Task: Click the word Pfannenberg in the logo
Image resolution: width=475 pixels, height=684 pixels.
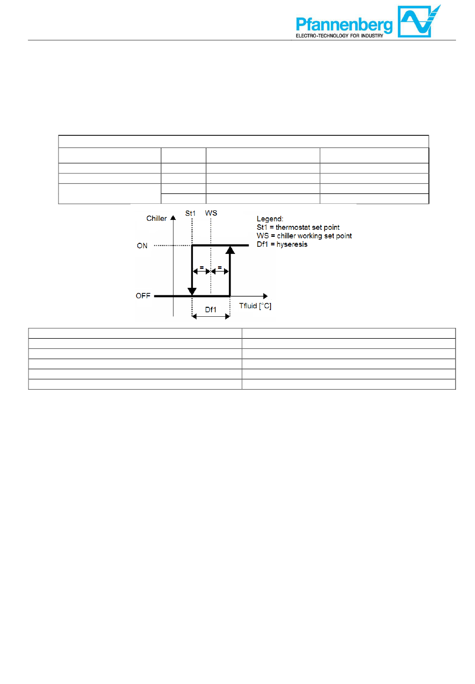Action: pos(344,23)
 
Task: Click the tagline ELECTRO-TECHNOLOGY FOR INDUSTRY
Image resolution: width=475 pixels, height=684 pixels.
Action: pos(339,36)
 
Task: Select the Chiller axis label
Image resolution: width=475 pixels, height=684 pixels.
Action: pos(156,218)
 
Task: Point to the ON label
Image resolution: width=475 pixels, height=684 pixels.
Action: pos(142,246)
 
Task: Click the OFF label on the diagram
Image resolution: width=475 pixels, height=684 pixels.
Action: pos(143,296)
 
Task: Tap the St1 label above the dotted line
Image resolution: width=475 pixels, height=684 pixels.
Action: pos(190,213)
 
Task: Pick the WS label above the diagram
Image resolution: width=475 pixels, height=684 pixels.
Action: pos(211,213)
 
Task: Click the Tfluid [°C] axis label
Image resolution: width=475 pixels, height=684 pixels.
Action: pos(255,306)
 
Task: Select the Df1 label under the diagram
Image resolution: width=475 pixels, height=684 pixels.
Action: pos(211,310)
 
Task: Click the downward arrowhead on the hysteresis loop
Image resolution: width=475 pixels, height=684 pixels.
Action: pos(192,291)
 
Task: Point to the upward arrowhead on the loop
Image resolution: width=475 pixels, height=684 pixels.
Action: pos(230,250)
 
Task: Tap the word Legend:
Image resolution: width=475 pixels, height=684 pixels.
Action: pos(270,219)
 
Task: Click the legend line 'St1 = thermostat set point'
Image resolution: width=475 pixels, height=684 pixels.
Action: pos(298,227)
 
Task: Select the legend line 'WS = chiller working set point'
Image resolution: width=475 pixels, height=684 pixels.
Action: pos(304,236)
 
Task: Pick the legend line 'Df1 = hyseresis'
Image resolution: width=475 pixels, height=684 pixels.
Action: pos(282,244)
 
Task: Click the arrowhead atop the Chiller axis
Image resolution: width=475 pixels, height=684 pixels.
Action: pos(173,218)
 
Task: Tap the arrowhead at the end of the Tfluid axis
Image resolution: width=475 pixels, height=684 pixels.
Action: pos(265,296)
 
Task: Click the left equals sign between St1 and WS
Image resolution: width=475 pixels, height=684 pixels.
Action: pos(201,268)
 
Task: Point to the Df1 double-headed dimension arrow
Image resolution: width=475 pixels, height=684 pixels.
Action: pos(211,316)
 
